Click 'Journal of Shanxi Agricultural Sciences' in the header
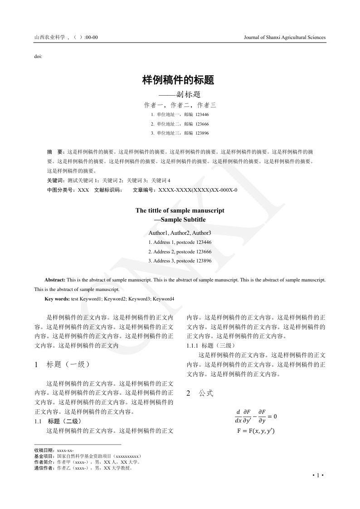click(x=284, y=38)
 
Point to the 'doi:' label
click(x=38, y=56)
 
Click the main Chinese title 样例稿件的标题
click(x=178, y=80)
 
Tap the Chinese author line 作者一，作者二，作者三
click(x=180, y=105)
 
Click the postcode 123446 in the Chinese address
click(x=202, y=115)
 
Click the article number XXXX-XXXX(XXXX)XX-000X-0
click(x=198, y=190)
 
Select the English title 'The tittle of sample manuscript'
click(x=180, y=210)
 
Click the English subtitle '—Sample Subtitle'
click(x=180, y=220)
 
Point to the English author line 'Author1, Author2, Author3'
click(x=180, y=233)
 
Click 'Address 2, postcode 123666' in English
click(x=180, y=252)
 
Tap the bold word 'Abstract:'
click(x=55, y=280)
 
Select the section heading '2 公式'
click(x=200, y=393)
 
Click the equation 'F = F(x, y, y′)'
click(x=256, y=431)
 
